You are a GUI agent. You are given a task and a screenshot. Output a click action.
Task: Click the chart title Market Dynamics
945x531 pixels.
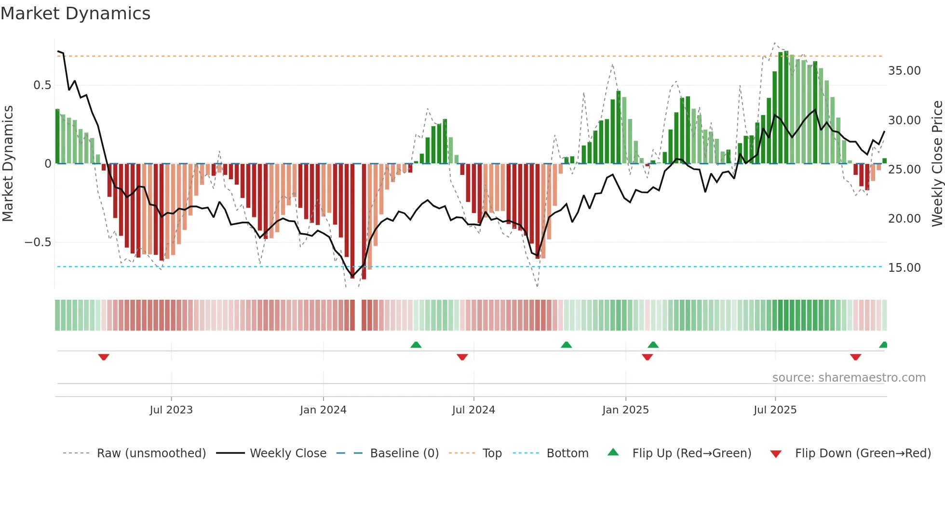coord(75,13)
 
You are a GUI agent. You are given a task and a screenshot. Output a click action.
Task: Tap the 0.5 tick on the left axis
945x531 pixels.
coord(42,85)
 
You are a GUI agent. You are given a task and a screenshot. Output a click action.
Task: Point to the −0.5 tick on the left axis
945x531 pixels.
coord(38,242)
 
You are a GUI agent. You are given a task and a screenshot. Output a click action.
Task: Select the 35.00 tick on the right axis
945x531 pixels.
coord(904,71)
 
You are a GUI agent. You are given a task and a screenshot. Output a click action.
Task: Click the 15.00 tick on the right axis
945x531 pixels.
coord(904,268)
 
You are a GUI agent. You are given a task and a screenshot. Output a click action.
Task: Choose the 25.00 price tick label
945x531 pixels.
coord(904,170)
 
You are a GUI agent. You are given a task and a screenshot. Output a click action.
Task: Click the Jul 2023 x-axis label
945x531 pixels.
coord(171,410)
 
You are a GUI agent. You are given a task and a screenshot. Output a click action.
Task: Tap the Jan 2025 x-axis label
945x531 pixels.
coord(625,410)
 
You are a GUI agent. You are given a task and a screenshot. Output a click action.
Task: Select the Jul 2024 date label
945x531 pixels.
coord(473,410)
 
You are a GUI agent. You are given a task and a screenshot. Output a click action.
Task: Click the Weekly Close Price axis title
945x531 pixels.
coord(937,164)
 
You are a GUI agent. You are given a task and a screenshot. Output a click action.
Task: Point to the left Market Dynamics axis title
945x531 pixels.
coord(8,164)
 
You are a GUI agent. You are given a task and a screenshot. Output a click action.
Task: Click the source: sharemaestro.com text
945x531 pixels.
coord(849,378)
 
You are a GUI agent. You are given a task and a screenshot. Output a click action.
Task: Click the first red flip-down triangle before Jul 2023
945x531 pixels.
coord(104,357)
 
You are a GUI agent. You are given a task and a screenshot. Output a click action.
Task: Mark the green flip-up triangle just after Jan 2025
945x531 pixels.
coord(653,345)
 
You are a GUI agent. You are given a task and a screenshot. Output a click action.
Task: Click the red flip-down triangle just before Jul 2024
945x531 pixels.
coord(462,357)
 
